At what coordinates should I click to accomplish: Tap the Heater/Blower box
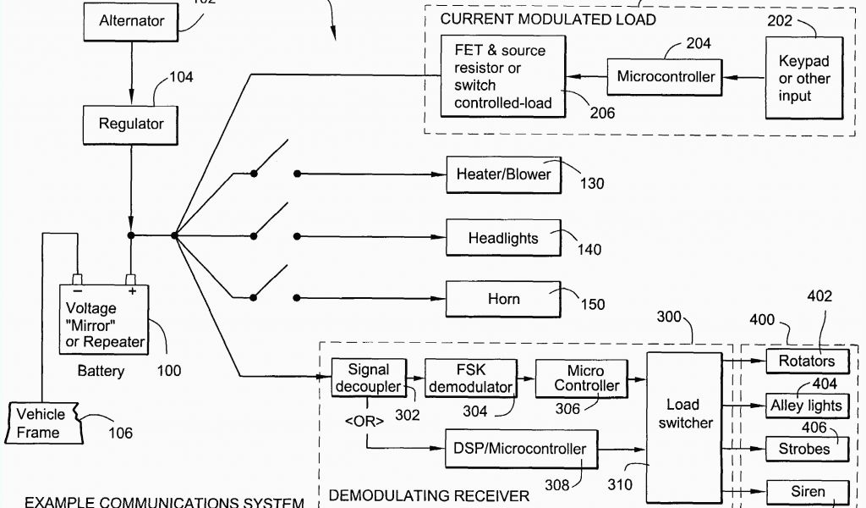click(503, 174)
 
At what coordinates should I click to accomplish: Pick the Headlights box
click(503, 238)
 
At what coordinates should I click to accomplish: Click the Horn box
click(503, 299)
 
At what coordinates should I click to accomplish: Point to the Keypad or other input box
click(804, 79)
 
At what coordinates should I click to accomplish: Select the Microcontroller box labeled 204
click(666, 77)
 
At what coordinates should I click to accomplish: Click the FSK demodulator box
click(469, 378)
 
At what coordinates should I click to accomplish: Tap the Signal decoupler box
click(368, 378)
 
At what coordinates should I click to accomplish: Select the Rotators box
click(806, 361)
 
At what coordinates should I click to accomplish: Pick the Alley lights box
click(806, 406)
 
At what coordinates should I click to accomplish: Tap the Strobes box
click(806, 449)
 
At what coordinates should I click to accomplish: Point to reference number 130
click(591, 183)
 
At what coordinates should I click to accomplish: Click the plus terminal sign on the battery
click(132, 290)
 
